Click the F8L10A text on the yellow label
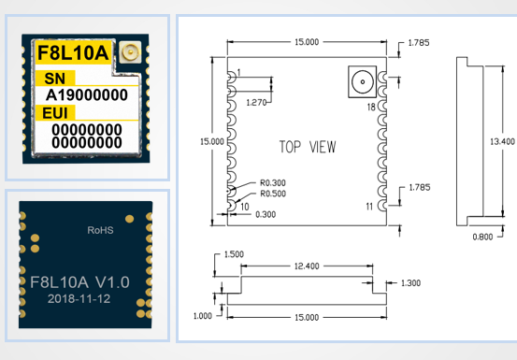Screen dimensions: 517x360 pos(73,52)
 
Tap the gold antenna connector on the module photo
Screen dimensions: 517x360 pos(130,51)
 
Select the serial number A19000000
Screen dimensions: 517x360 pos(87,95)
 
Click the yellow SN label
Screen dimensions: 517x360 pos(55,79)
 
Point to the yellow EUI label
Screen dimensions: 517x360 pos(55,113)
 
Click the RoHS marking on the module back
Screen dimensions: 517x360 pos(100,230)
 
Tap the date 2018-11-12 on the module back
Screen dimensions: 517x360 pos(79,298)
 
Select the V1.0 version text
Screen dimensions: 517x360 pos(112,282)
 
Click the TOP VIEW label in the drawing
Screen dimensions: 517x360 pos(308,147)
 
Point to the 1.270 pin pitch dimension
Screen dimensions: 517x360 pos(256,103)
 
